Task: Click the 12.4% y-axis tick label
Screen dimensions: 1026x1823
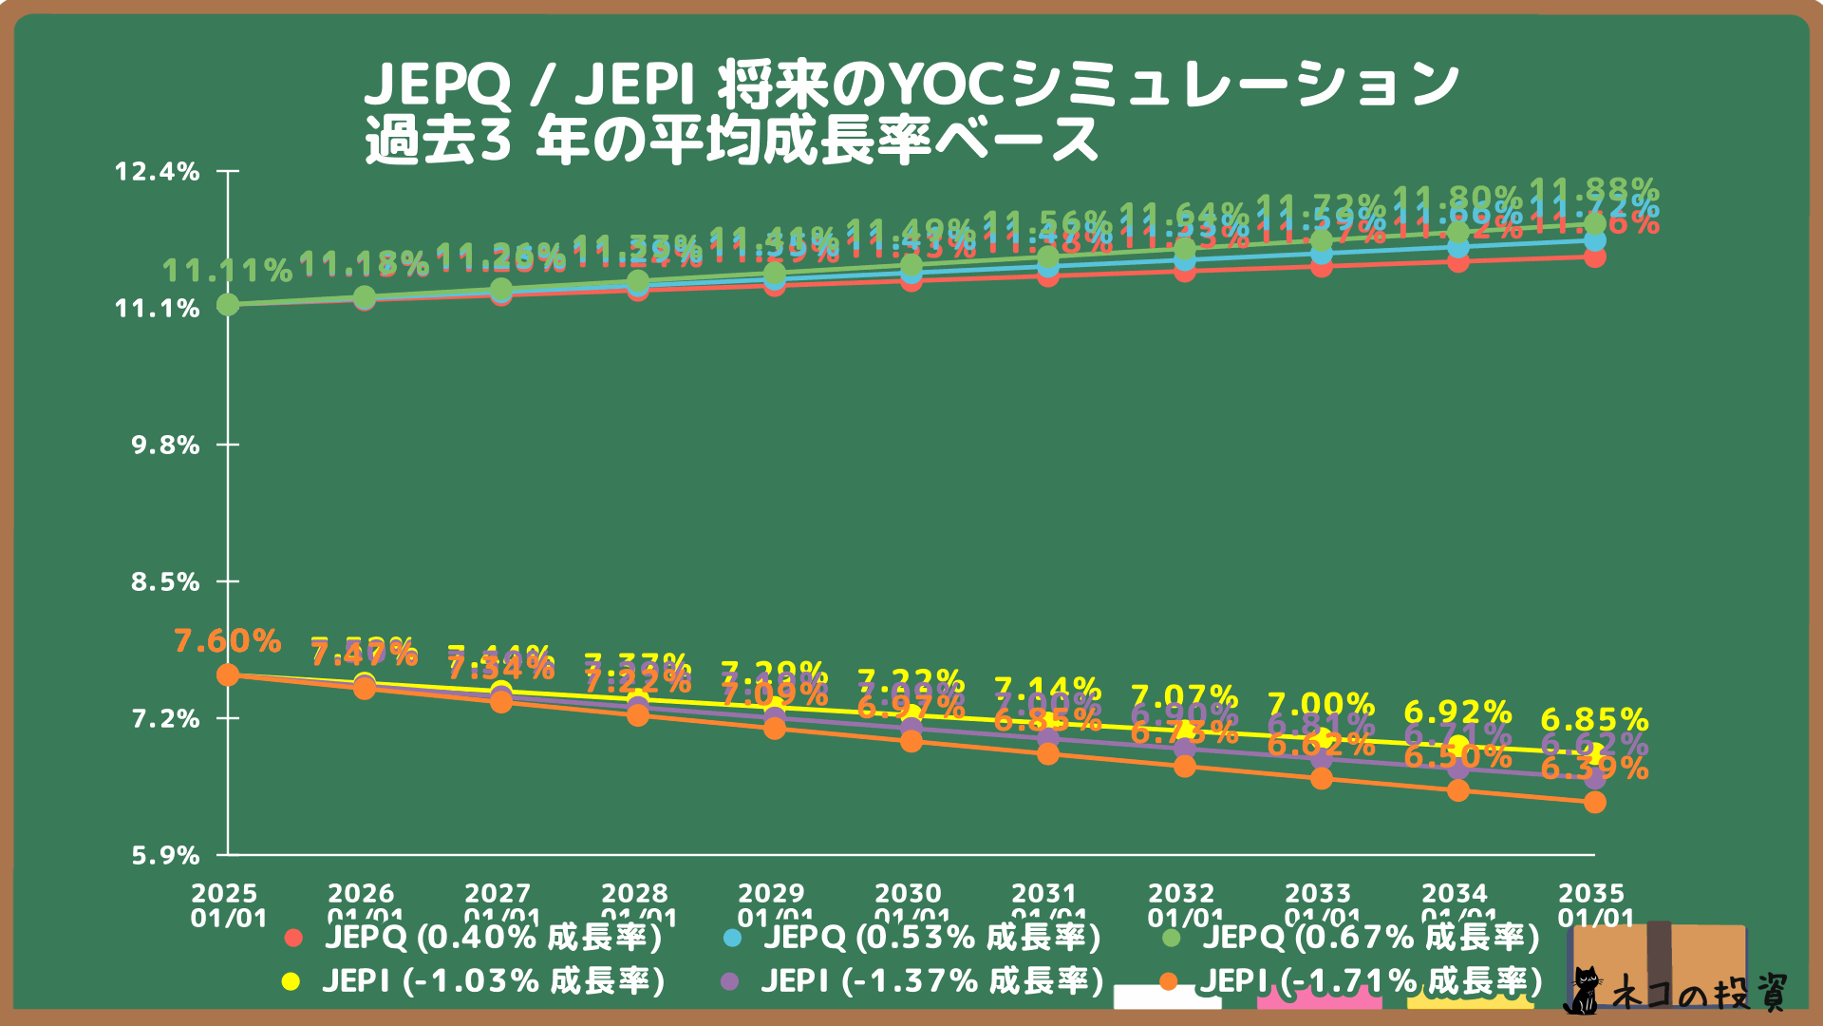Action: coord(158,172)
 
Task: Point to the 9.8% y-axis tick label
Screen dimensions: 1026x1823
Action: coord(165,446)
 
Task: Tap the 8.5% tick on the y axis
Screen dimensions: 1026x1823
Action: coord(165,582)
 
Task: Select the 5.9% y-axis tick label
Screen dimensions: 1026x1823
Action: coord(165,856)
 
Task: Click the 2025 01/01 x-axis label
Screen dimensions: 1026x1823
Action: coord(226,905)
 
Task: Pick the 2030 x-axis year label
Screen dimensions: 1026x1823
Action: coord(909,893)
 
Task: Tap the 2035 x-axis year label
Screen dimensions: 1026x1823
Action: coord(1592,893)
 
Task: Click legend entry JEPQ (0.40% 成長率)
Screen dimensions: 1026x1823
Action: coord(475,938)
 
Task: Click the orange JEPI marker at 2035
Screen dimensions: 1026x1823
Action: coord(1595,803)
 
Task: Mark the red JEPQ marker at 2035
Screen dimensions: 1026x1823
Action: coord(1595,257)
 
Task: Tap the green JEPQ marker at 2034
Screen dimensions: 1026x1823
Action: coord(1458,233)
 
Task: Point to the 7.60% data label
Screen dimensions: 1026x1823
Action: coord(228,641)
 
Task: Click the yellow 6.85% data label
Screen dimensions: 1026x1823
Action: coord(1594,719)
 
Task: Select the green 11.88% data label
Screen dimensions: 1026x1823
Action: coord(1594,188)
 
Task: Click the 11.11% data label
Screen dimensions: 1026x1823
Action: coord(228,272)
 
